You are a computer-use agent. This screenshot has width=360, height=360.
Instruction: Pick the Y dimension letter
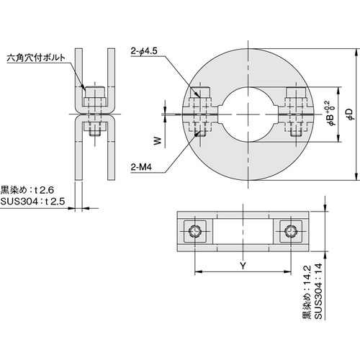(x=242, y=266)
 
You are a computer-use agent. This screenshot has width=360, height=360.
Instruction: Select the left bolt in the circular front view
(x=202, y=112)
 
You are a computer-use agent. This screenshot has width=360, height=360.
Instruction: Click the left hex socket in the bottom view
(x=196, y=231)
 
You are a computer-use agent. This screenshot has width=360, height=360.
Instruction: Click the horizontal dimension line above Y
(x=242, y=274)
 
